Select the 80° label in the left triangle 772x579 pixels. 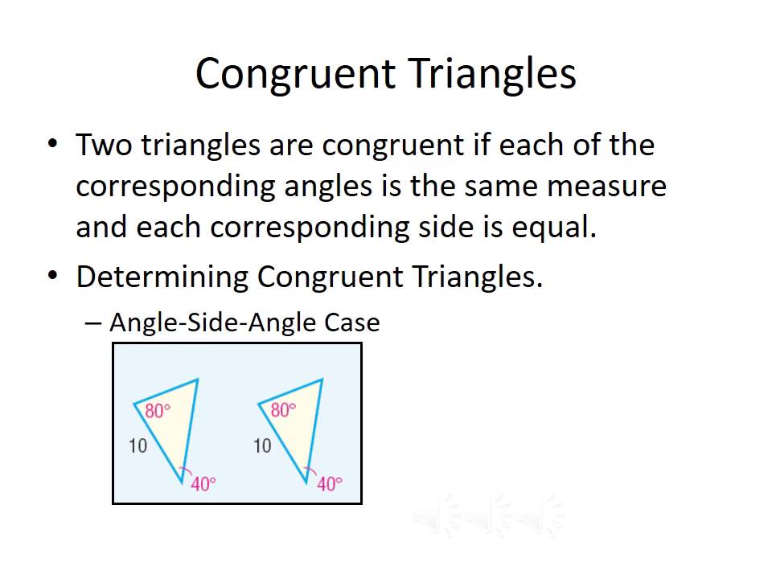tap(158, 411)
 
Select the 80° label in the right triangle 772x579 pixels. tap(283, 410)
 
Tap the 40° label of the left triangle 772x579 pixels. tap(203, 483)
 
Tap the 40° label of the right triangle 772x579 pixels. tap(329, 483)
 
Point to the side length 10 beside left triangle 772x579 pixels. tap(138, 445)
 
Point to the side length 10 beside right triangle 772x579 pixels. tap(262, 445)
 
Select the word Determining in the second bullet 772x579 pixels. tap(162, 277)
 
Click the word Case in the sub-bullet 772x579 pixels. tap(351, 322)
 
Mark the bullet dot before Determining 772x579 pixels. tap(53, 276)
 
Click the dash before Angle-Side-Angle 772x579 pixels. tap(93, 323)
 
